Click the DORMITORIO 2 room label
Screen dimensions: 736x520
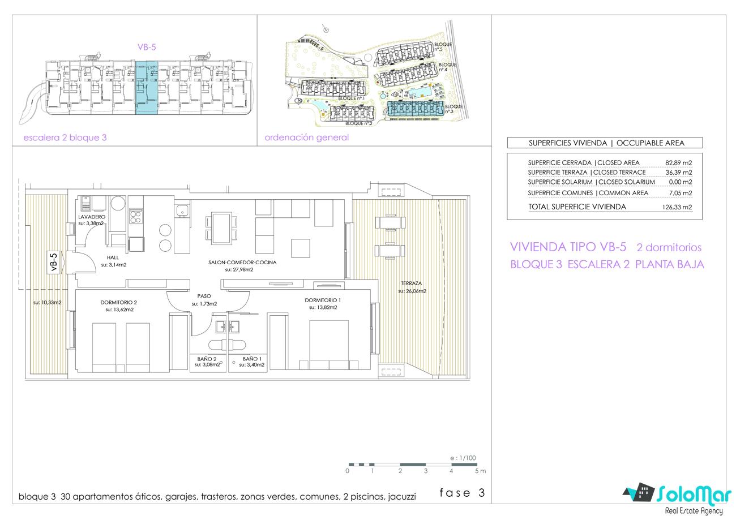tap(119, 302)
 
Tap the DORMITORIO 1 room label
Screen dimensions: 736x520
tap(323, 300)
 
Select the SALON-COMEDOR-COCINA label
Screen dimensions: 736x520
tap(242, 263)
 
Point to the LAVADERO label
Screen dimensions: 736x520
tap(92, 217)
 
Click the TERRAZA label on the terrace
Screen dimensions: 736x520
tap(411, 283)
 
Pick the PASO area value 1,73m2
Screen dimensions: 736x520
tap(204, 304)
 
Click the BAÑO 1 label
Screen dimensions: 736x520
tap(252, 359)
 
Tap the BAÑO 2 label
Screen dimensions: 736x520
tap(207, 359)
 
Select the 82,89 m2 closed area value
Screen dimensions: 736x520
tap(678, 163)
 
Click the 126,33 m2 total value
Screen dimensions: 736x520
tap(677, 207)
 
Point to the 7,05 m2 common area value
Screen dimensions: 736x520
tap(681, 193)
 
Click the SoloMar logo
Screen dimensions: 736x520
tap(678, 498)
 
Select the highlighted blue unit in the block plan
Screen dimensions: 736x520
tap(147, 88)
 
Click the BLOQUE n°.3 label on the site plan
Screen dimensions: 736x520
tap(453, 109)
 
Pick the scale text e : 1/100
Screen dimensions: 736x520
tap(463, 458)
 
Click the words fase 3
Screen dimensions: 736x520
tap(462, 493)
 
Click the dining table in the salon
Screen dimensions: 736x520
tap(221, 229)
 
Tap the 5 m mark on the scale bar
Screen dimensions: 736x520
tap(480, 471)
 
